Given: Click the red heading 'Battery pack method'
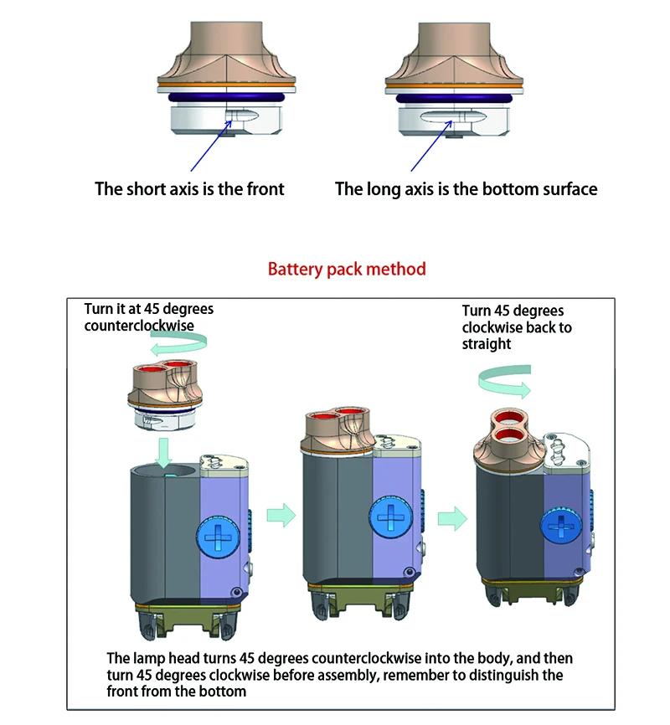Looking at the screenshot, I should pyautogui.click(x=347, y=270).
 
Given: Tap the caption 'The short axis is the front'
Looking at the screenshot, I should pyautogui.click(x=189, y=189).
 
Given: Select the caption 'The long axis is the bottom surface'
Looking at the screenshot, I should pyautogui.click(x=466, y=189).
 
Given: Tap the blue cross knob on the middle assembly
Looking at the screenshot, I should pyautogui.click(x=389, y=517).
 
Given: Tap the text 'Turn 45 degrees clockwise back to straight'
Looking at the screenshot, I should pyautogui.click(x=516, y=327).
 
